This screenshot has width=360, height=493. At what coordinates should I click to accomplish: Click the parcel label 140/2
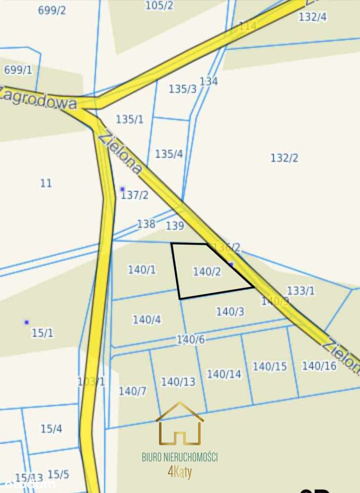tap(207, 272)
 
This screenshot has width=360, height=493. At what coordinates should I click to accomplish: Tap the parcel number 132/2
tap(284, 158)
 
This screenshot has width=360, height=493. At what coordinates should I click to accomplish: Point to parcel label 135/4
tap(169, 154)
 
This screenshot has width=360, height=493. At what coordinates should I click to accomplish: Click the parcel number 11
tap(46, 183)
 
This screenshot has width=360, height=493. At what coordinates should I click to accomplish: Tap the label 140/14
tap(224, 374)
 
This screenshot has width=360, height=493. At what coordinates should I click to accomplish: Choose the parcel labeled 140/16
tap(319, 366)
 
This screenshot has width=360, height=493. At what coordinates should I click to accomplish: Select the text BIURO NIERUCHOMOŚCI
tap(180, 457)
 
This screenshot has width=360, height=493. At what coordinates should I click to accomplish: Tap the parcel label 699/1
tap(18, 70)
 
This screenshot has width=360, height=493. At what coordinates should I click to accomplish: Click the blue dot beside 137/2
tap(122, 189)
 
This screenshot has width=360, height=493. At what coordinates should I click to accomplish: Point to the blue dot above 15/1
tap(27, 322)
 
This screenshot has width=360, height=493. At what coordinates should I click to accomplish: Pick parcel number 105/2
tap(159, 5)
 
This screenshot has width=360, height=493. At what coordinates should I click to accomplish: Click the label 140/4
tap(146, 319)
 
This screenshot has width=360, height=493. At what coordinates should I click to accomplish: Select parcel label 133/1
tap(300, 291)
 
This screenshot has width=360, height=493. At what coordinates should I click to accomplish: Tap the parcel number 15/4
tap(51, 429)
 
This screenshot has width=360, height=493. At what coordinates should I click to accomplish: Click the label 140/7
tap(132, 391)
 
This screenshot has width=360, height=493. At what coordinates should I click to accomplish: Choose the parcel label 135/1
tap(130, 119)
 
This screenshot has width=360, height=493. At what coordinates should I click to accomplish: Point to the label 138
tap(146, 224)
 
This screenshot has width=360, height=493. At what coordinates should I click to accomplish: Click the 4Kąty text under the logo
tap(180, 472)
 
